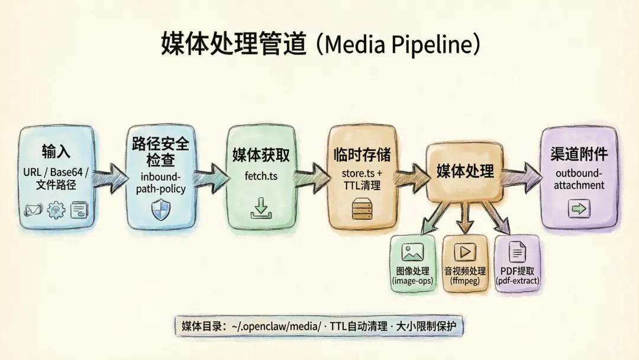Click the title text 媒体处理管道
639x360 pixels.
coord(234,44)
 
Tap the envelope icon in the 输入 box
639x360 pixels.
coord(33,210)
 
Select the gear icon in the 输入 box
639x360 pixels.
coord(56,210)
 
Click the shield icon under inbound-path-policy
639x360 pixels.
coord(157,209)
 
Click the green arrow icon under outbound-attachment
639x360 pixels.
coord(579,208)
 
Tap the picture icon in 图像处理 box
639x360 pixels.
coord(412,253)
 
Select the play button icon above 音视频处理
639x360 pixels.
coord(465,253)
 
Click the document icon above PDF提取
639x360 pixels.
coord(517,253)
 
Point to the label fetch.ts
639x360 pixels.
coord(260,177)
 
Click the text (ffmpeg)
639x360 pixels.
coord(465,281)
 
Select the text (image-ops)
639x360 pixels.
coord(412,281)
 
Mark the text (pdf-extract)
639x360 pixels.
coord(518,281)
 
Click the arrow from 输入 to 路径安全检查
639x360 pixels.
coord(110,174)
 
